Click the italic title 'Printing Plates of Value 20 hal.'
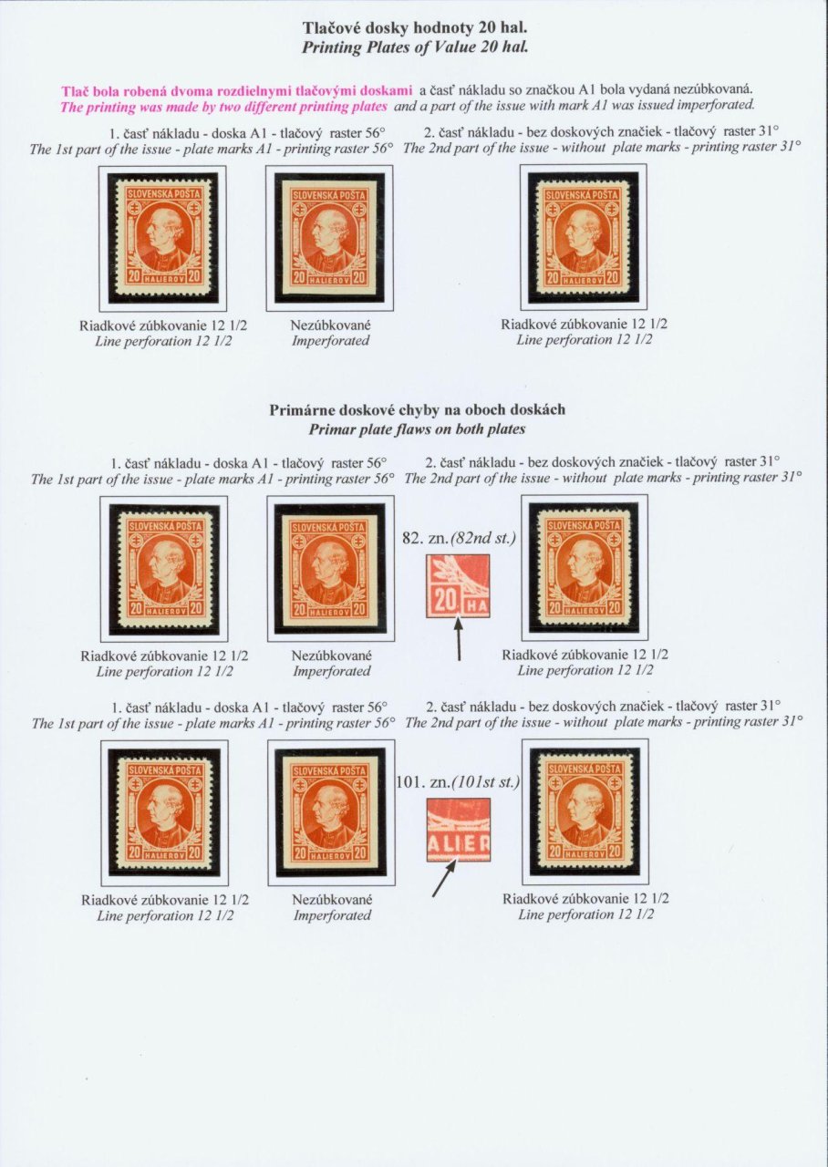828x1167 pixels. point(415,47)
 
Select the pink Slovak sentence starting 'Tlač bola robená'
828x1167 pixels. point(237,91)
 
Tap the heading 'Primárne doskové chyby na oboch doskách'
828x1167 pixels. point(417,410)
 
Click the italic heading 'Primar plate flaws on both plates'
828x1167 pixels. point(417,429)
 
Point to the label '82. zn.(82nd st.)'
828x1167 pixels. point(459,538)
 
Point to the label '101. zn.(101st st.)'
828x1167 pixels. point(459,782)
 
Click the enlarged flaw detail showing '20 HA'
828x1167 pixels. point(458,586)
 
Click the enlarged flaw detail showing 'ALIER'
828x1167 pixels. point(459,830)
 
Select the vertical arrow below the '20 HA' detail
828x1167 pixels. point(459,637)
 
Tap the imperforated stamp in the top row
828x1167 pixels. point(329,238)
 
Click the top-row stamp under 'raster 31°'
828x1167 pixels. point(584,237)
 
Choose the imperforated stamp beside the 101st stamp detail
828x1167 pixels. point(331,812)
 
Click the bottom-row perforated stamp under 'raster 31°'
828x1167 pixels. point(585,811)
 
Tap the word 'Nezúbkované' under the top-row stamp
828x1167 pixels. point(330,325)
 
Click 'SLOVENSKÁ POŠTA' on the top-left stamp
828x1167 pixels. point(163,194)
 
